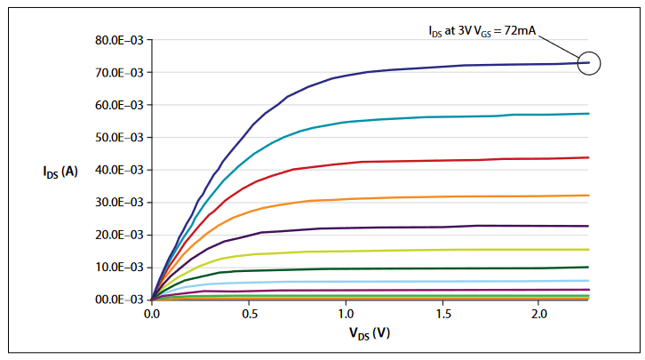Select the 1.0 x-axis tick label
[346, 315]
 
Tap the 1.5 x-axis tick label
[442, 315]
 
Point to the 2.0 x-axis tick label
[539, 315]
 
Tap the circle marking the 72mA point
[589, 62]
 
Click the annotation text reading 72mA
[479, 32]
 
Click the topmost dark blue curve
[400, 68]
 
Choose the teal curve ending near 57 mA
[400, 118]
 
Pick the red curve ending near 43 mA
[400, 161]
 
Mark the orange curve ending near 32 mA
[400, 197]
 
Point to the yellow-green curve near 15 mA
[400, 251]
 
